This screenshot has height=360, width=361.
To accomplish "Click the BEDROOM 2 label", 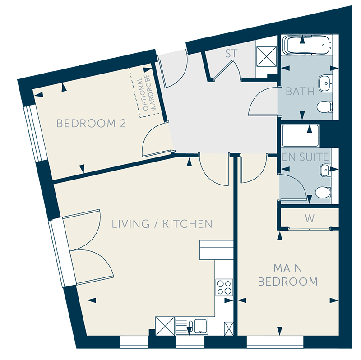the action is (91, 123).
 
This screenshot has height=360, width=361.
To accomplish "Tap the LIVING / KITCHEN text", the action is (162, 224).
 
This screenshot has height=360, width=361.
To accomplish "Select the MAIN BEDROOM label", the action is (288, 275).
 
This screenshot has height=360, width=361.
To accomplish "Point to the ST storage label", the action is (231, 54).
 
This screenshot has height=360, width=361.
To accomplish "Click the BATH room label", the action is (300, 92).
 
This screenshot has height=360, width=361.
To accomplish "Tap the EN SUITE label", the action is (305, 157).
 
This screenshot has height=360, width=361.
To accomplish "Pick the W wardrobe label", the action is (310, 218).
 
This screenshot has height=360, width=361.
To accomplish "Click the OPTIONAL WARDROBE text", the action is (146, 92).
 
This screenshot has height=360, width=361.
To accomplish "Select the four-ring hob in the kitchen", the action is (224, 287).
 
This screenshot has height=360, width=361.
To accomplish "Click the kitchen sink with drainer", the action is (191, 326).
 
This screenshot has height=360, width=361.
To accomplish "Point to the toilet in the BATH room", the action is (324, 107).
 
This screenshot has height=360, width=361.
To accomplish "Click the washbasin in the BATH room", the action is (325, 83).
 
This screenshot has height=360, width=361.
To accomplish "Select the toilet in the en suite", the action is (323, 192).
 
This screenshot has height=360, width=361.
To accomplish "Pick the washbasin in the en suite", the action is (325, 170).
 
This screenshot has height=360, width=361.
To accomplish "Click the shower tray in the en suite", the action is (301, 136).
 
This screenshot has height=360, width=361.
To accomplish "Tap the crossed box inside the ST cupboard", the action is (267, 56).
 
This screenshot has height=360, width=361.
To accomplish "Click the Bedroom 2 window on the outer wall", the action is (36, 133).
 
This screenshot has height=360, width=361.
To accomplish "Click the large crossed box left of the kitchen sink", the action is (165, 326).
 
